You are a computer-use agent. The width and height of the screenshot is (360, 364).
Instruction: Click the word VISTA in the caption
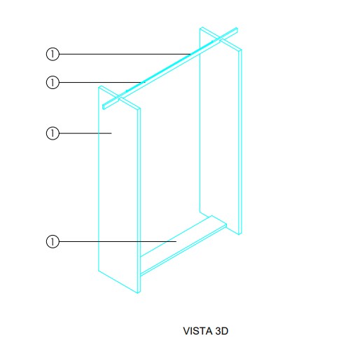point(198,331)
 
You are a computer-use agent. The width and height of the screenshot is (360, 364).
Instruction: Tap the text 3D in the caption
point(221,331)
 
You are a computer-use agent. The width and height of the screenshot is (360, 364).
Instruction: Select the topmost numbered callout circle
point(53,54)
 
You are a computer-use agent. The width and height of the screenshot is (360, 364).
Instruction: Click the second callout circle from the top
point(53,82)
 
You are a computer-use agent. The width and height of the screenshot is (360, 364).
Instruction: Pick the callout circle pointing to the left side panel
point(53,133)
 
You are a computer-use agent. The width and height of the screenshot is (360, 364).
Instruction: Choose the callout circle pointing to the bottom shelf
point(53,241)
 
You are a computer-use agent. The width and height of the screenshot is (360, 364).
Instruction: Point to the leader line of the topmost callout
point(125,54)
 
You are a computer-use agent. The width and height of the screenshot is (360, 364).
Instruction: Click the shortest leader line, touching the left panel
point(85,133)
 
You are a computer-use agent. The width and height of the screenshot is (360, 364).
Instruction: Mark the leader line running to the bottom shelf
point(118,241)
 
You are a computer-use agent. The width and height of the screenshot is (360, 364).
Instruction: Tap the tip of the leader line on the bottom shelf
point(176,241)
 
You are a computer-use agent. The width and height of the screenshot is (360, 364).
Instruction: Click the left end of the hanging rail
point(104,107)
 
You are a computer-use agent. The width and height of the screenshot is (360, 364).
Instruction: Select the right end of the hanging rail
point(237,29)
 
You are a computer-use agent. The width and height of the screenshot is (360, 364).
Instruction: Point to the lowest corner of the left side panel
point(138,293)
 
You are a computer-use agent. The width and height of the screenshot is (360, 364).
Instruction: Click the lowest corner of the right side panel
point(240,234)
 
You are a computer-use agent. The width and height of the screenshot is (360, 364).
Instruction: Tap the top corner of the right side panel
point(202,27)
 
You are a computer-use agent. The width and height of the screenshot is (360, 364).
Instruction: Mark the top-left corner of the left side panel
point(99,86)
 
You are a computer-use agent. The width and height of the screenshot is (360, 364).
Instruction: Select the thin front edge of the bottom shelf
point(184,250)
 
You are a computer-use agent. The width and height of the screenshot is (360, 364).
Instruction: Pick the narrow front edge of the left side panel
point(139,201)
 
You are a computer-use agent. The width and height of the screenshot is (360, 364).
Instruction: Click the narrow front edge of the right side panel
point(240,142)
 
